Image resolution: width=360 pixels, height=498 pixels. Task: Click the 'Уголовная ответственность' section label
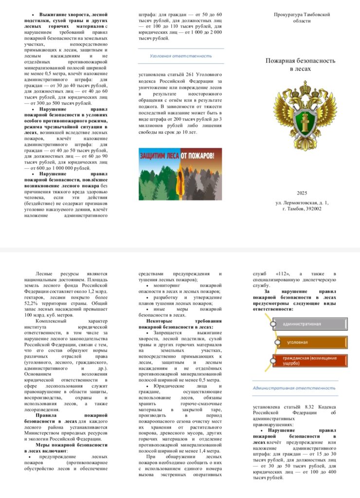(x=181, y=56)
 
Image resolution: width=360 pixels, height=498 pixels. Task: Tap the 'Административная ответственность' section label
(x=294, y=388)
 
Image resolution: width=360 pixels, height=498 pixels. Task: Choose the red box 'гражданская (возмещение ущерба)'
(x=309, y=360)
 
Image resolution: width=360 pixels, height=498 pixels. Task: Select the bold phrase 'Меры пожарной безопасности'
(x=72, y=445)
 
